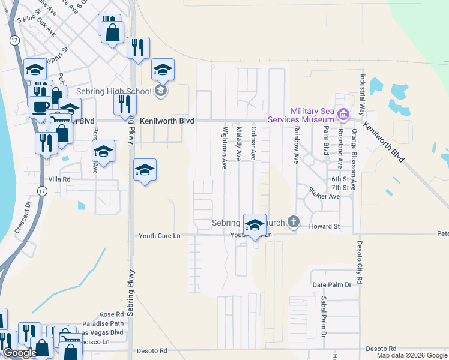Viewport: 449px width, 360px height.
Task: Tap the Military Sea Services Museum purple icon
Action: [x=343, y=113]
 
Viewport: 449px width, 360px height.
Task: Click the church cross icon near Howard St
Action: [x=293, y=222]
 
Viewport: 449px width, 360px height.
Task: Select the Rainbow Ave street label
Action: [x=296, y=145]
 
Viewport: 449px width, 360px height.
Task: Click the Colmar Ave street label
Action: [x=253, y=143]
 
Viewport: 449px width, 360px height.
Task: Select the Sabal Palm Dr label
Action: [x=324, y=325]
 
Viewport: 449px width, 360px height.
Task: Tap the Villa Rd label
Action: [x=59, y=179]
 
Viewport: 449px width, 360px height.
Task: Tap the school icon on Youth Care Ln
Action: [x=255, y=226]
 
